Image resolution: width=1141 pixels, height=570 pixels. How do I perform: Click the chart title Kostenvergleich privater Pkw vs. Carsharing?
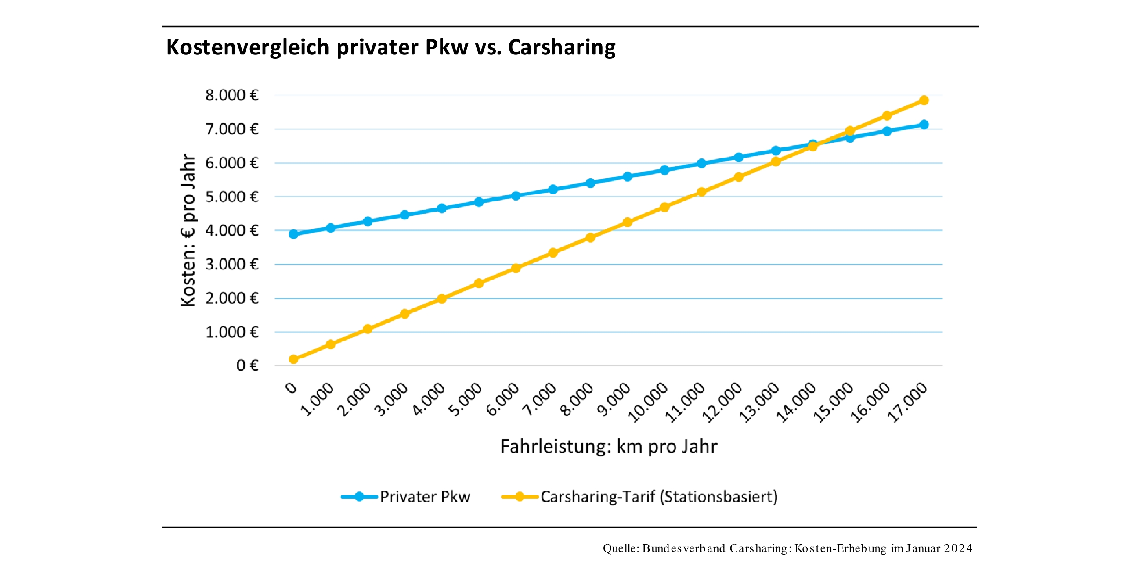[x=391, y=47]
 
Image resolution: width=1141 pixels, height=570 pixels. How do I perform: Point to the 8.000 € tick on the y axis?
[x=231, y=95]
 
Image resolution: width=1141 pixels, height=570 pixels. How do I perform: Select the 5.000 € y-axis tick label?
[x=231, y=197]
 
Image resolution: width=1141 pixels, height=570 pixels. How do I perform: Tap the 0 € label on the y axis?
[x=247, y=366]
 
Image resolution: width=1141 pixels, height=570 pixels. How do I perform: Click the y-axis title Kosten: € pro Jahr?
[x=188, y=230]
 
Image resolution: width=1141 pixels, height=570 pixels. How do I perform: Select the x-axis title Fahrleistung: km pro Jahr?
[x=609, y=447]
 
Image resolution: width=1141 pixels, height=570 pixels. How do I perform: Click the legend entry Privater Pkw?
[x=424, y=497]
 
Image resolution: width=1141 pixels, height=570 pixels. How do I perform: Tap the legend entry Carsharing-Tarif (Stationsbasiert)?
[x=659, y=497]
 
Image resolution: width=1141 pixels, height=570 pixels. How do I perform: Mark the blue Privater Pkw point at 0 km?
[x=293, y=234]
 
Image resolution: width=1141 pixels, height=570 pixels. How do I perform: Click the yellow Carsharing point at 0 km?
[x=293, y=359]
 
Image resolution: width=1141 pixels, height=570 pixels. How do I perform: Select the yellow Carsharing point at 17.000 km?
[x=924, y=100]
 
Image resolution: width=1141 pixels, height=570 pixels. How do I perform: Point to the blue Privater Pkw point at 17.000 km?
[x=924, y=125]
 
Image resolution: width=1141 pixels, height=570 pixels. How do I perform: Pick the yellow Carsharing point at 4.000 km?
[x=442, y=299]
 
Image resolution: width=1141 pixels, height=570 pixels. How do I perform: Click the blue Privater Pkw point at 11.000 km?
[x=702, y=163]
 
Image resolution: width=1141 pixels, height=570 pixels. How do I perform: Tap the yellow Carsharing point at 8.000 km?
[x=590, y=238]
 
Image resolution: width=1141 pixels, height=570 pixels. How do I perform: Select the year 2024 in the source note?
[x=957, y=548]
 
